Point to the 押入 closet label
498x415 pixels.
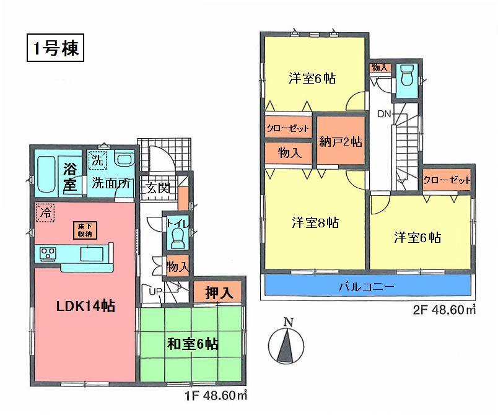click(x=219, y=293)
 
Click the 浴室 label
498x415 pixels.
click(x=70, y=175)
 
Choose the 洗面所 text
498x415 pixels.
click(x=111, y=183)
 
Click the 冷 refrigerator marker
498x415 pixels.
click(x=44, y=212)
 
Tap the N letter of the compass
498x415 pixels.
click(x=287, y=322)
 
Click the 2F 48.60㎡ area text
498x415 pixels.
click(x=439, y=311)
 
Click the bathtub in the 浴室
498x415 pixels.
click(x=47, y=175)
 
